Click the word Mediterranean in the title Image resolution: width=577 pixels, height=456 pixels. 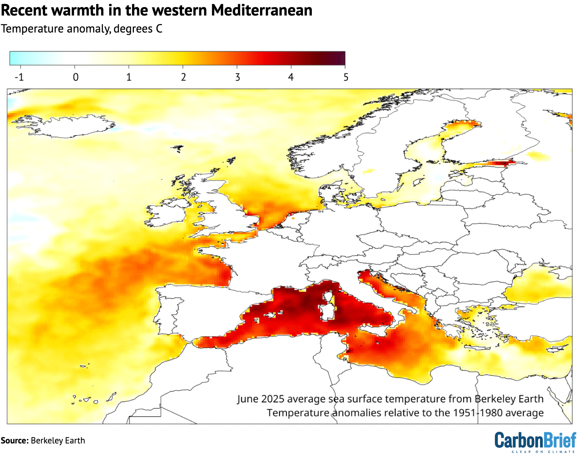(261, 10)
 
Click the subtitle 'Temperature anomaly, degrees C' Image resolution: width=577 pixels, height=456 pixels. (81, 29)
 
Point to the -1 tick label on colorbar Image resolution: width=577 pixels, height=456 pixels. (19, 77)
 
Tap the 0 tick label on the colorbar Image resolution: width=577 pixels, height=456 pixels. (75, 77)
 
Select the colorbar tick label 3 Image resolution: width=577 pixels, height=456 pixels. (237, 77)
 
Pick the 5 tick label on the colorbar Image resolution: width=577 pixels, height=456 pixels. (345, 77)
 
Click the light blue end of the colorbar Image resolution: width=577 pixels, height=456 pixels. (15, 58)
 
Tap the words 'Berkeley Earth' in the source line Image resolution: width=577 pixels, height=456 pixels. (58, 440)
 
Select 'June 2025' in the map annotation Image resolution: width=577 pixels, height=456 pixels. (261, 399)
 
